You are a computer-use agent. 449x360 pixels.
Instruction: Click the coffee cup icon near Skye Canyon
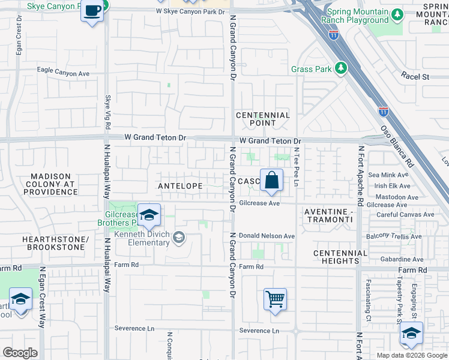pyautogui.click(x=92, y=11)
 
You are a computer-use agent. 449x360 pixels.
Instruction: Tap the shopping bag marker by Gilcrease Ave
pyautogui.click(x=271, y=180)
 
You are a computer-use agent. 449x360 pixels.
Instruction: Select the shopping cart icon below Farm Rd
pyautogui.click(x=275, y=298)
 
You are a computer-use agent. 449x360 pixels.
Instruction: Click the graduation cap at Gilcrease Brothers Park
pyautogui.click(x=148, y=215)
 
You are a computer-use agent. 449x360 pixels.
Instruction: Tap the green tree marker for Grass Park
pyautogui.click(x=341, y=68)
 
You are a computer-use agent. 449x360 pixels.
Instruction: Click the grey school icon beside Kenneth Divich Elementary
pyautogui.click(x=178, y=238)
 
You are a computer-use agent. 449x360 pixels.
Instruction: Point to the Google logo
pyautogui.click(x=20, y=352)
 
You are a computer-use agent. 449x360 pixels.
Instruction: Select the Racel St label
pyautogui.click(x=415, y=77)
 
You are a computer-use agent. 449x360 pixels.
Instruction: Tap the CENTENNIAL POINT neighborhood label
pyautogui.click(x=263, y=119)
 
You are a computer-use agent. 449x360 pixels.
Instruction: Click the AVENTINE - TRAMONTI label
pyautogui.click(x=328, y=216)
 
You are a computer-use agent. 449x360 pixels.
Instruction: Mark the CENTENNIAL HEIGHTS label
pyautogui.click(x=340, y=257)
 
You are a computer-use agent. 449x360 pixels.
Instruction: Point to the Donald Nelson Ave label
pyautogui.click(x=267, y=236)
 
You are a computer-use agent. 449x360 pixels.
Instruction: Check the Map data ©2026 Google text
pyautogui.click(x=412, y=355)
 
